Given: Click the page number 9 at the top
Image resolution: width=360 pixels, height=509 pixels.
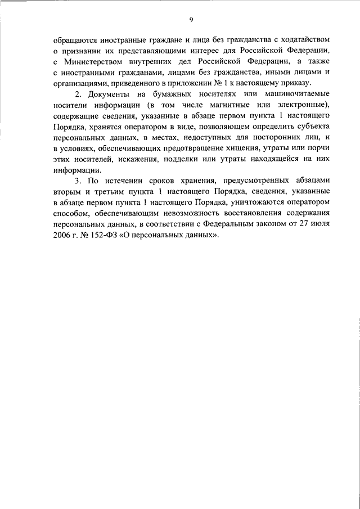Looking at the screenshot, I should point(191,20).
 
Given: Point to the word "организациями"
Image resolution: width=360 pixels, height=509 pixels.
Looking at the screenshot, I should point(79,83).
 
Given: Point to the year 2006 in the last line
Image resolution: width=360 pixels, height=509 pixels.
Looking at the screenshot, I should point(62,234).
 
